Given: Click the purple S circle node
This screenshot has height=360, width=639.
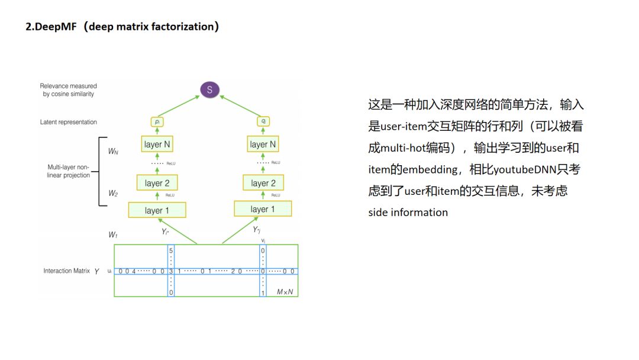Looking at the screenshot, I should [209, 90].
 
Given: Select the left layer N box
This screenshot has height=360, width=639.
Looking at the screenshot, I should [157, 144].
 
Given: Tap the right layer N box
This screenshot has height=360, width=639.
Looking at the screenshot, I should [263, 144].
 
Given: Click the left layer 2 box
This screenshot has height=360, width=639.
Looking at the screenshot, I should [157, 183].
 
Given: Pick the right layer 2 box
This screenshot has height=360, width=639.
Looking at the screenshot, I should [263, 183].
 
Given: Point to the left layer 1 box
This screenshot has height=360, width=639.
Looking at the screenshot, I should [157, 210].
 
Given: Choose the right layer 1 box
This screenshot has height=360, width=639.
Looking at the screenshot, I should [263, 209].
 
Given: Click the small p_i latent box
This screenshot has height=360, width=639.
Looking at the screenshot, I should [157, 122].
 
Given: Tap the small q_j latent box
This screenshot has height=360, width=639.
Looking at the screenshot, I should [263, 122].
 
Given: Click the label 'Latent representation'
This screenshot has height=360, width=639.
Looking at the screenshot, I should [68, 122].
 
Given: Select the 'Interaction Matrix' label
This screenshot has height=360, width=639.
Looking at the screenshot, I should [66, 271].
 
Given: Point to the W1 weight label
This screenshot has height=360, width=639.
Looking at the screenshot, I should [112, 235].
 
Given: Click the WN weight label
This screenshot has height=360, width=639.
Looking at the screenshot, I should [112, 152].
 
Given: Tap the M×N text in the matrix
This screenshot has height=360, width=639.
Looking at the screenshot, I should [285, 292].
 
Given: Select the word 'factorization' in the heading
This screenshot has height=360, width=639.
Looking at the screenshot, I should [183, 27].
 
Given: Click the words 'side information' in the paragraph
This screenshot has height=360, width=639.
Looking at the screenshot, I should [408, 213].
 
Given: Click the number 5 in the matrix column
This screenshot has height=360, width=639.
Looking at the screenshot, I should [171, 251].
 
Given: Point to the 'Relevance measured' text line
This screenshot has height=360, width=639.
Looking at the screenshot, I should [68, 86].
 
